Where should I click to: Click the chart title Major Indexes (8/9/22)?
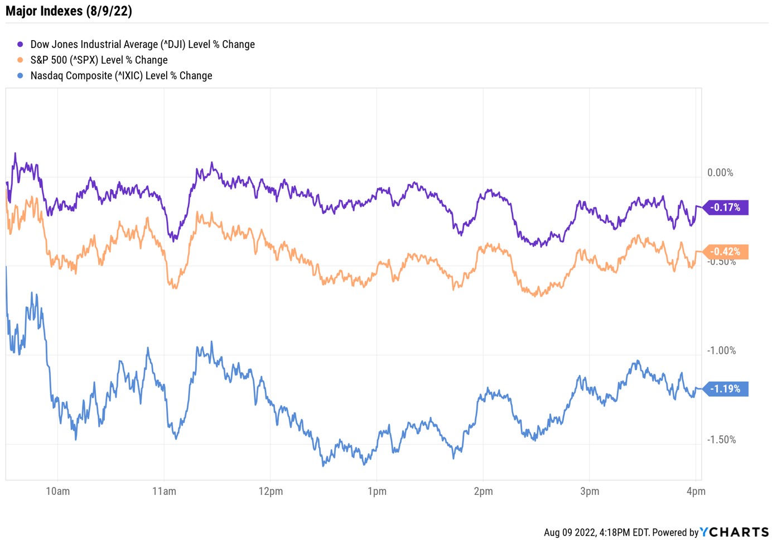[69, 11]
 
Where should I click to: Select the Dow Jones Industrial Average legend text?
[142, 45]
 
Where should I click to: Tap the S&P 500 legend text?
[99, 60]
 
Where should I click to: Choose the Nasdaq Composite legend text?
[121, 76]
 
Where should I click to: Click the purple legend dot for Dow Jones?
[21, 45]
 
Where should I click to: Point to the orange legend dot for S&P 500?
[21, 60]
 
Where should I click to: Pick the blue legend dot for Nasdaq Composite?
[21, 76]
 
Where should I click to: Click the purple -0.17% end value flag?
[726, 208]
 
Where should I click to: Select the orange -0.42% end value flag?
[726, 252]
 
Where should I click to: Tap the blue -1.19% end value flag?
[726, 389]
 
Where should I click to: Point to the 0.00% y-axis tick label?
[720, 173]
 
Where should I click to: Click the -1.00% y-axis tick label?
[721, 351]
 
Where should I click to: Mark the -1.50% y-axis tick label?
[721, 440]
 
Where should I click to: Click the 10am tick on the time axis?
[58, 491]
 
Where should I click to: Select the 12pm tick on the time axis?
[271, 491]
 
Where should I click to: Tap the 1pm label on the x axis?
[377, 491]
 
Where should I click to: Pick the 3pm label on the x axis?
[590, 491]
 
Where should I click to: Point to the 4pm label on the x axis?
[696, 491]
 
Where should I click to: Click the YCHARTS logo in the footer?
[735, 532]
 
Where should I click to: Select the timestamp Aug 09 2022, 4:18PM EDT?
[596, 533]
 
